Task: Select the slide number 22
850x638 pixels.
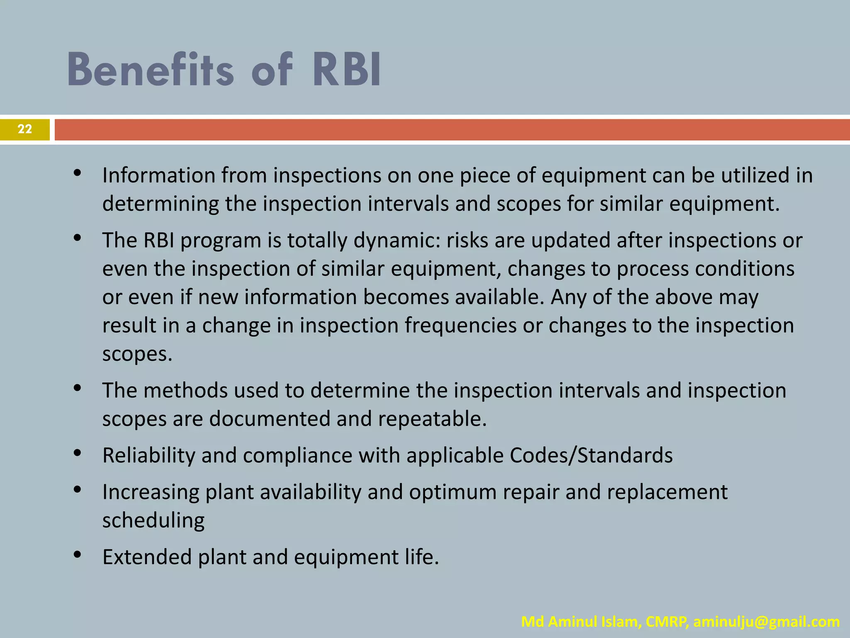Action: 25,129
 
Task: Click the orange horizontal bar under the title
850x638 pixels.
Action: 452,130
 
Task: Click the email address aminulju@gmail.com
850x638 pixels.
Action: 766,622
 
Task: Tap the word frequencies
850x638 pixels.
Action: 460,325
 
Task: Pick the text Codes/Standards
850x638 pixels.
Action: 591,455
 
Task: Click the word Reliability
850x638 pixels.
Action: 149,455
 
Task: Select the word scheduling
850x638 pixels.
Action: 154,520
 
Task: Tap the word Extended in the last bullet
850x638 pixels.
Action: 147,557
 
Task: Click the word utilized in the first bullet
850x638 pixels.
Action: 755,175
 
